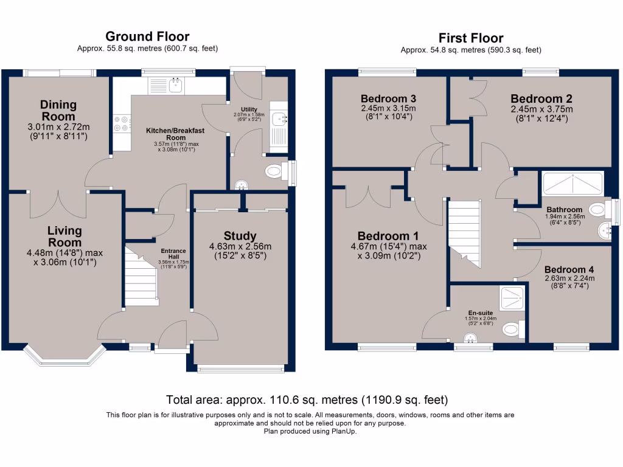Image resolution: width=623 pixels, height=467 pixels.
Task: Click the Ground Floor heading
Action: tap(147, 36)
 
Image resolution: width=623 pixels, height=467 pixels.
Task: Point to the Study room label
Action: tap(240, 236)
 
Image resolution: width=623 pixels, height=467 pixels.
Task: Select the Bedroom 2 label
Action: tap(541, 99)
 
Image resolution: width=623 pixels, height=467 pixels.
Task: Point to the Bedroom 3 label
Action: tap(388, 99)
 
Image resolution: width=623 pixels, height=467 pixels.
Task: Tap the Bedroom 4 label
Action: tap(569, 269)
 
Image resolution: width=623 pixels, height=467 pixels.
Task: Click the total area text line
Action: tap(307, 400)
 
